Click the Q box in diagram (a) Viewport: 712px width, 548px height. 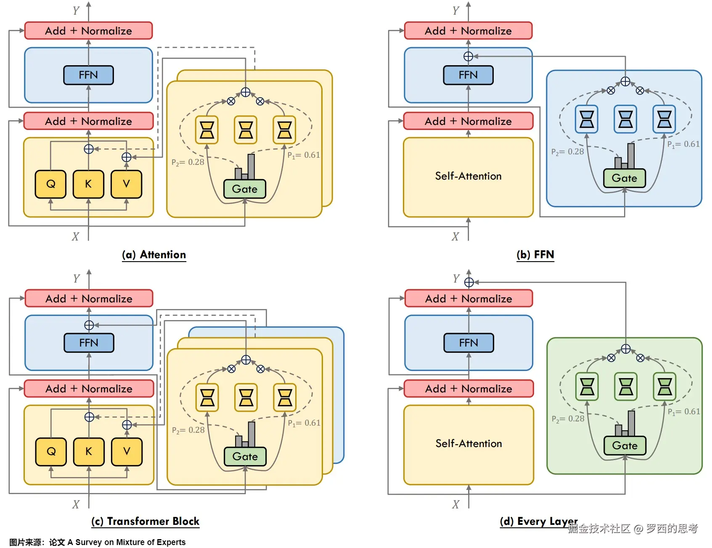pyautogui.click(x=50, y=184)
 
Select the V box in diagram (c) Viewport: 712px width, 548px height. pyautogui.click(x=127, y=452)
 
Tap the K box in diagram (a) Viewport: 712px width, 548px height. pyautogui.click(x=88, y=184)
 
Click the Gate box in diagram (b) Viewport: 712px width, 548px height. pyautogui.click(x=624, y=178)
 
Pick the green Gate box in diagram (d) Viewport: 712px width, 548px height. pyautogui.click(x=625, y=446)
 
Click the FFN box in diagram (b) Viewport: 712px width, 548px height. pyautogui.click(x=468, y=75)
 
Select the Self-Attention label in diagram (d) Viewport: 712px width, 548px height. pyautogui.click(x=468, y=444)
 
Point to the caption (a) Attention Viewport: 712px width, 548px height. pyautogui.click(x=154, y=255)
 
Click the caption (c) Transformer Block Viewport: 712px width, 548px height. pyautogui.click(x=146, y=522)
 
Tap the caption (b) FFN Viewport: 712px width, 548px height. pyautogui.click(x=535, y=255)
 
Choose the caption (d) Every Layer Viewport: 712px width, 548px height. pyautogui.click(x=539, y=522)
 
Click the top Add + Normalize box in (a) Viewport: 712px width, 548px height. pyautogui.click(x=88, y=31)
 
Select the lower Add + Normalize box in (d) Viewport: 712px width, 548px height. pyautogui.click(x=468, y=389)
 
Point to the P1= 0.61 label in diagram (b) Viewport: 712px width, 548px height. pyautogui.click(x=683, y=144)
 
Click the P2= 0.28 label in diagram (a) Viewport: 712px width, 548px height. pyautogui.click(x=188, y=162)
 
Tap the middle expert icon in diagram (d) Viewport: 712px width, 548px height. pyautogui.click(x=626, y=386)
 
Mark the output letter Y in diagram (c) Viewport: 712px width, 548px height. pyautogui.click(x=77, y=278)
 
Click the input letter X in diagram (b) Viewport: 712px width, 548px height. pyautogui.click(x=455, y=237)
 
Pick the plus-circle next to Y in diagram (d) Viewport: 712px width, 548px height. pyautogui.click(x=469, y=282)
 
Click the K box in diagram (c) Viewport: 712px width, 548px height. pyautogui.click(x=89, y=452)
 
